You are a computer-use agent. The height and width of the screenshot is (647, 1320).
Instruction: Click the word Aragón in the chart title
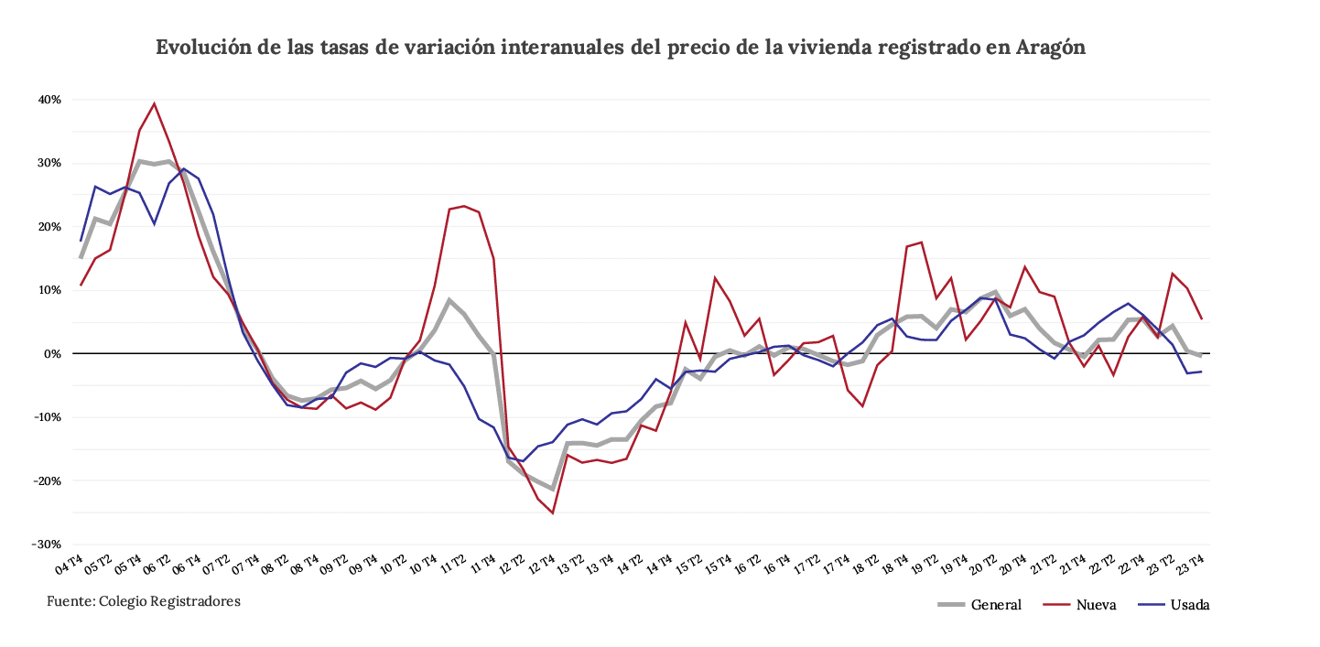pos(1050,49)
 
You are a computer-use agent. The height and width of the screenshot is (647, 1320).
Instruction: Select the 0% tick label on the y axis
pos(53,353)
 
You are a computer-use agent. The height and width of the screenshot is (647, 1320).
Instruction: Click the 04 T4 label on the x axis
pos(70,566)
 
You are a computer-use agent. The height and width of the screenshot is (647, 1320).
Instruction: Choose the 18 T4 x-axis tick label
pos(894,566)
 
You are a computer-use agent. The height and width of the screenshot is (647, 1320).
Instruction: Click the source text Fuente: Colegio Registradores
pos(144,601)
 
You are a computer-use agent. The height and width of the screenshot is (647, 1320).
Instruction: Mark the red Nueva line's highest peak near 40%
pos(154,103)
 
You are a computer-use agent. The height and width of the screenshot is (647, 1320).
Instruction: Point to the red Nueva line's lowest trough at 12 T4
pos(552,512)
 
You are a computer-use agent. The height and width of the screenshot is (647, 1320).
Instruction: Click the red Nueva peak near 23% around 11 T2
pos(464,206)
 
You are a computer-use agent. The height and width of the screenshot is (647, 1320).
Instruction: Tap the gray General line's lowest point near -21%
pos(552,488)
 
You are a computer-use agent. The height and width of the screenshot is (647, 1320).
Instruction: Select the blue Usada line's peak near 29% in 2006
pos(183,168)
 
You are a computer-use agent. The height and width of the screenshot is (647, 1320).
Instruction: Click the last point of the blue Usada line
pos(1200,371)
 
